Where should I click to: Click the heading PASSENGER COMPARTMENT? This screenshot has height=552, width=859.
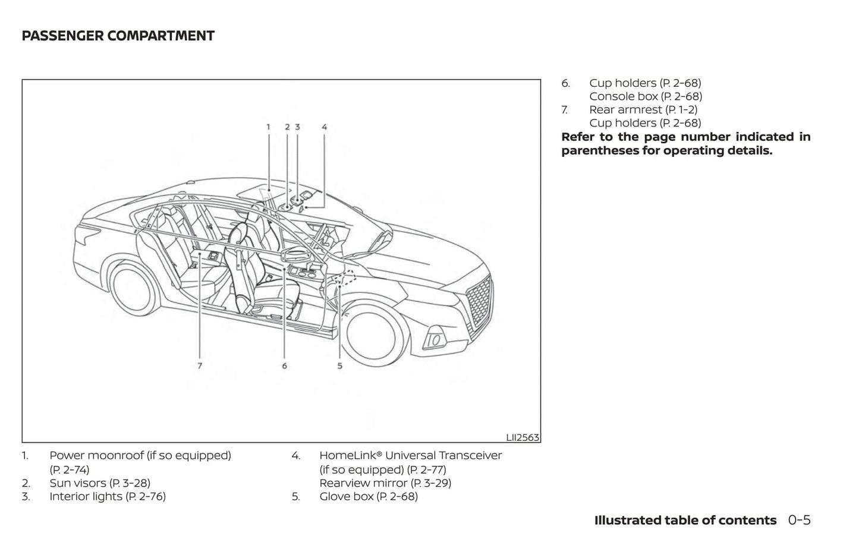[x=118, y=36]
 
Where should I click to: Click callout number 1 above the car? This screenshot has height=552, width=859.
[x=268, y=127]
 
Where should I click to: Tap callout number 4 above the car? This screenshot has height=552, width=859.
[x=324, y=127]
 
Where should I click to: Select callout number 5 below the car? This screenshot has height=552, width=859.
[x=340, y=366]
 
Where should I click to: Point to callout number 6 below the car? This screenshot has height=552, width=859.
[x=284, y=366]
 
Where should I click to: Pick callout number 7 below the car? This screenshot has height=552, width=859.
[x=200, y=366]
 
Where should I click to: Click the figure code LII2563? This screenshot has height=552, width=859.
[x=523, y=437]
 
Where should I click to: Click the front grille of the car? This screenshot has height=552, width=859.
[x=479, y=302]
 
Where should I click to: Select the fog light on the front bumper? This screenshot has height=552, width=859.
[x=435, y=340]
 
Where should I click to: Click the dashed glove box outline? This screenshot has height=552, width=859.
[x=344, y=278]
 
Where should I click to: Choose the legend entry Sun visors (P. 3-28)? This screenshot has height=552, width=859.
[x=99, y=483]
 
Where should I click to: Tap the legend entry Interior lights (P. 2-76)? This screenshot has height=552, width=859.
[x=107, y=496]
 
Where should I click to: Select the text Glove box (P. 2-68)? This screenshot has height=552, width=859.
[x=368, y=496]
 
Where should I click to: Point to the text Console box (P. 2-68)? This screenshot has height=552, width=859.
[x=645, y=96]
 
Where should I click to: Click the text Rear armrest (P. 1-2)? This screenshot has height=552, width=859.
[x=643, y=109]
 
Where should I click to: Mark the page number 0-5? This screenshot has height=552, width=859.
[x=799, y=521]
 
